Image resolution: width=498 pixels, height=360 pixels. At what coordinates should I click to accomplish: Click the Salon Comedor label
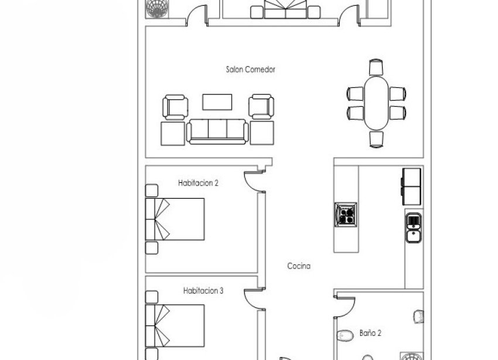(x=250, y=69)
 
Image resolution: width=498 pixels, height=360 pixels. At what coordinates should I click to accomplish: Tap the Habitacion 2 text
(x=198, y=183)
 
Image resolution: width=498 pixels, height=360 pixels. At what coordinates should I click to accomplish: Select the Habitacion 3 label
(x=203, y=290)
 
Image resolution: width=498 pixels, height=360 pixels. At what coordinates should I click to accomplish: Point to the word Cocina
(x=298, y=266)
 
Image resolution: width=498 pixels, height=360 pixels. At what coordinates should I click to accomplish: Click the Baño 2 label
(x=370, y=333)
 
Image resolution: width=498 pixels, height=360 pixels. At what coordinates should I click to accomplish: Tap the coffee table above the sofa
(x=217, y=101)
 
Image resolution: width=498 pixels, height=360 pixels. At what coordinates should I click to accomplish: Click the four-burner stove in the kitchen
(x=346, y=214)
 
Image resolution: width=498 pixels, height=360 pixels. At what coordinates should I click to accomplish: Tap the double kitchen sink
(x=413, y=229)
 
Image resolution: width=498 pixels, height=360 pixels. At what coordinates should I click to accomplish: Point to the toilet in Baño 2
(x=343, y=335)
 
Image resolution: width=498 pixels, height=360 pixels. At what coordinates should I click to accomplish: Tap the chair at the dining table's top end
(x=375, y=67)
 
